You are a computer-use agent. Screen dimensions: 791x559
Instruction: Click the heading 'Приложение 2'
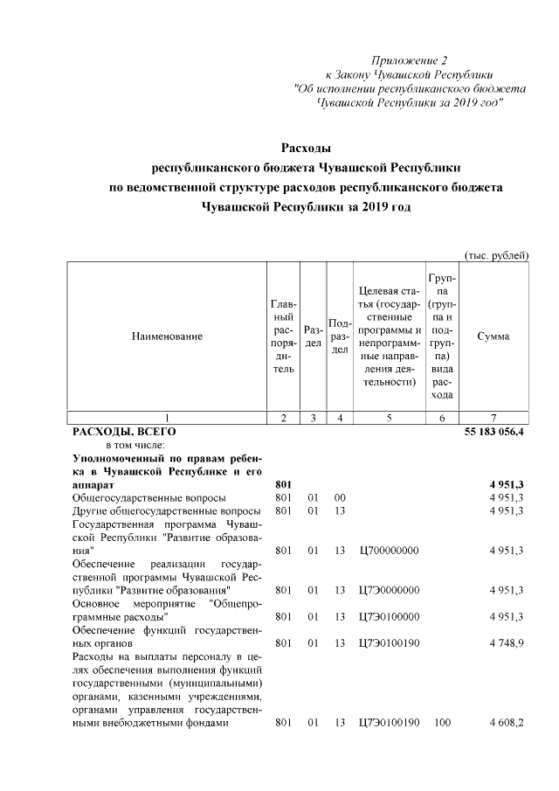pyautogui.click(x=409, y=61)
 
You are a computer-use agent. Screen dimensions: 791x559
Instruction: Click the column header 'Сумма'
pyautogui.click(x=494, y=336)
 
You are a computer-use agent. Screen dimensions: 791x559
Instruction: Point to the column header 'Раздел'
pyautogui.click(x=312, y=337)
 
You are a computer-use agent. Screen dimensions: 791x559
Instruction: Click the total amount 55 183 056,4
pyautogui.click(x=493, y=432)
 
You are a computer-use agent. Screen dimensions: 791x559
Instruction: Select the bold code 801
pyautogui.click(x=282, y=484)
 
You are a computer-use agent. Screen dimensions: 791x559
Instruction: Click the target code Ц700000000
pyautogui.click(x=389, y=551)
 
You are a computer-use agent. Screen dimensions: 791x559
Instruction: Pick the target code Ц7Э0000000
pyautogui.click(x=389, y=590)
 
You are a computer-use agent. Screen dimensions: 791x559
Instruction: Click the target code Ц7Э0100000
pyautogui.click(x=389, y=616)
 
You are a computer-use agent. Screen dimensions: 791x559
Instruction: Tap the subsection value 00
pyautogui.click(x=340, y=497)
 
